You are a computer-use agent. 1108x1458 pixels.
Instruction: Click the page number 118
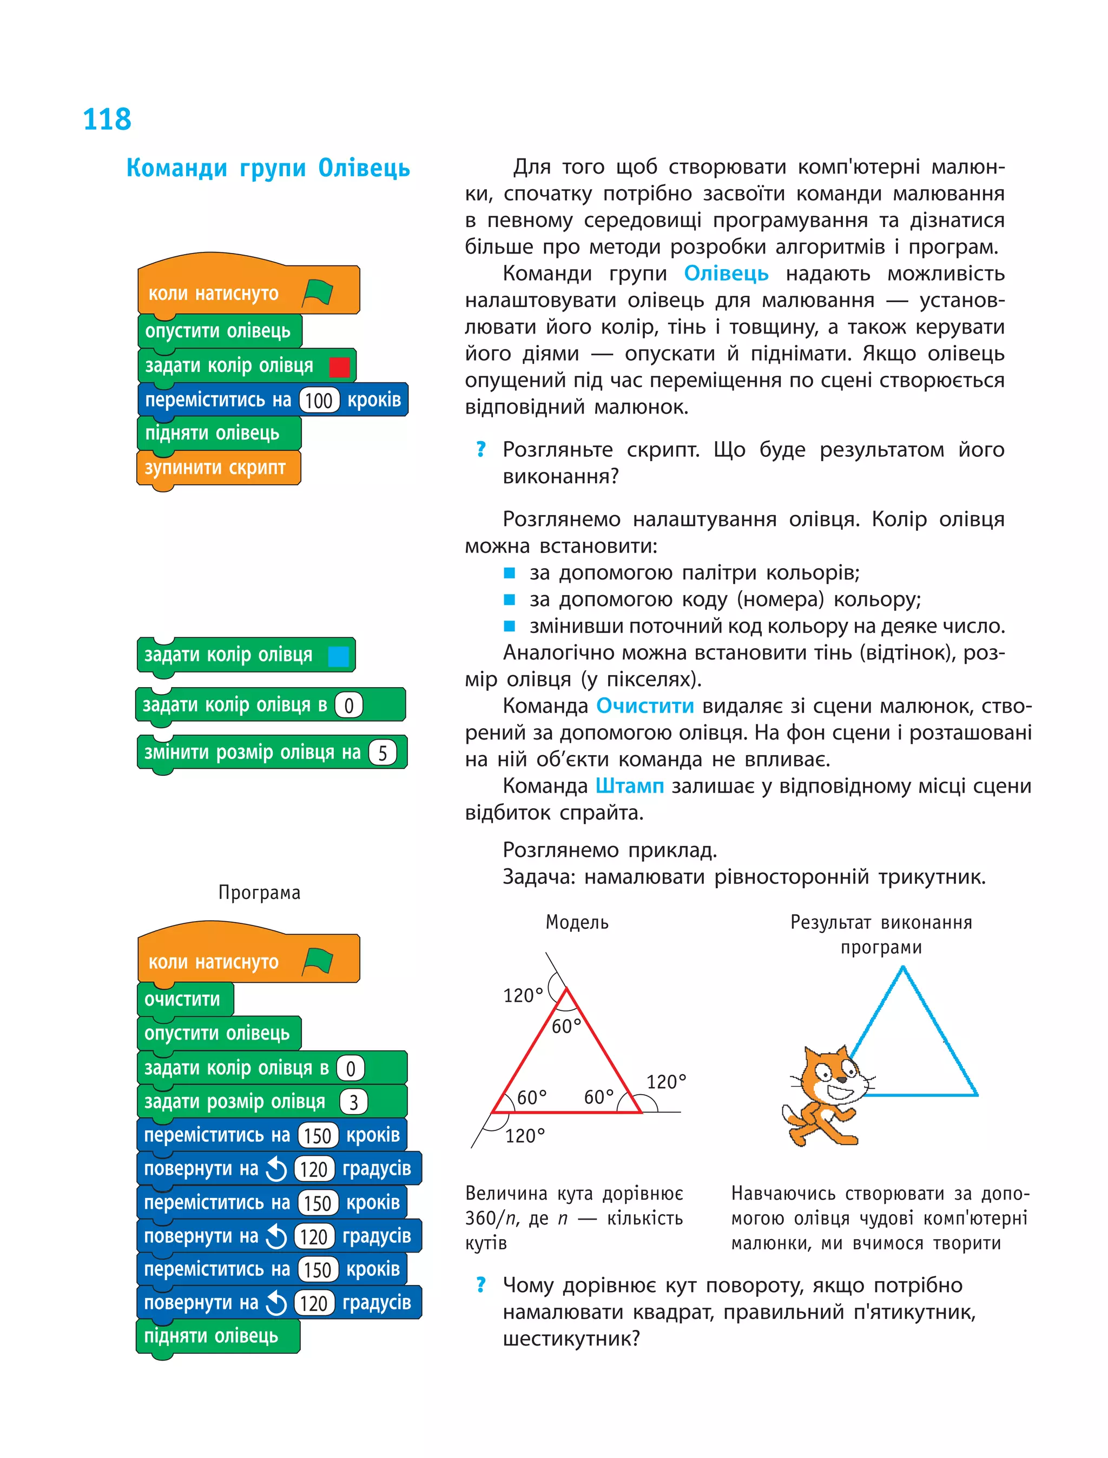[x=107, y=120]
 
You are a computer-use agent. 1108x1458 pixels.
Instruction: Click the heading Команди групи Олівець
[x=268, y=168]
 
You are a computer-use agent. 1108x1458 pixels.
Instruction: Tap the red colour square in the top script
[x=339, y=367]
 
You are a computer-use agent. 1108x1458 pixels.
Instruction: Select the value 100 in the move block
[x=319, y=400]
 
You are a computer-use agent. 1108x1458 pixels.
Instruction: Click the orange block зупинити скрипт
[x=216, y=468]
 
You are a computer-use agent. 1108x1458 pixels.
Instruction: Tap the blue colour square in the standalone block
[x=338, y=656]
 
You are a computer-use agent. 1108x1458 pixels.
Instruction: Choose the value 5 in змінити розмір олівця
[x=382, y=753]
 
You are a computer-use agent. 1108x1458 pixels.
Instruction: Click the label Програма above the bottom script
[x=259, y=893]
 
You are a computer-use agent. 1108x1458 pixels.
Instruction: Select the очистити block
[x=183, y=999]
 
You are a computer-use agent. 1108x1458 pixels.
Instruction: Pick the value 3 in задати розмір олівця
[x=353, y=1102]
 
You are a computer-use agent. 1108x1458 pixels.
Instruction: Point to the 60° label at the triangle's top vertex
[x=566, y=1026]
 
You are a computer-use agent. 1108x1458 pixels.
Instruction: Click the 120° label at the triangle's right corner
[x=666, y=1082]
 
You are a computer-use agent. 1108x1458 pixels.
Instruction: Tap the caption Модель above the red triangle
[x=576, y=922]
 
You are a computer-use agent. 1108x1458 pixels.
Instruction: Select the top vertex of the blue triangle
[x=903, y=968]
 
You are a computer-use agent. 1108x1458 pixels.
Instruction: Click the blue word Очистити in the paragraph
[x=644, y=706]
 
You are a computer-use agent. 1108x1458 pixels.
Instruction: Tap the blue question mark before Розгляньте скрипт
[x=481, y=450]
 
